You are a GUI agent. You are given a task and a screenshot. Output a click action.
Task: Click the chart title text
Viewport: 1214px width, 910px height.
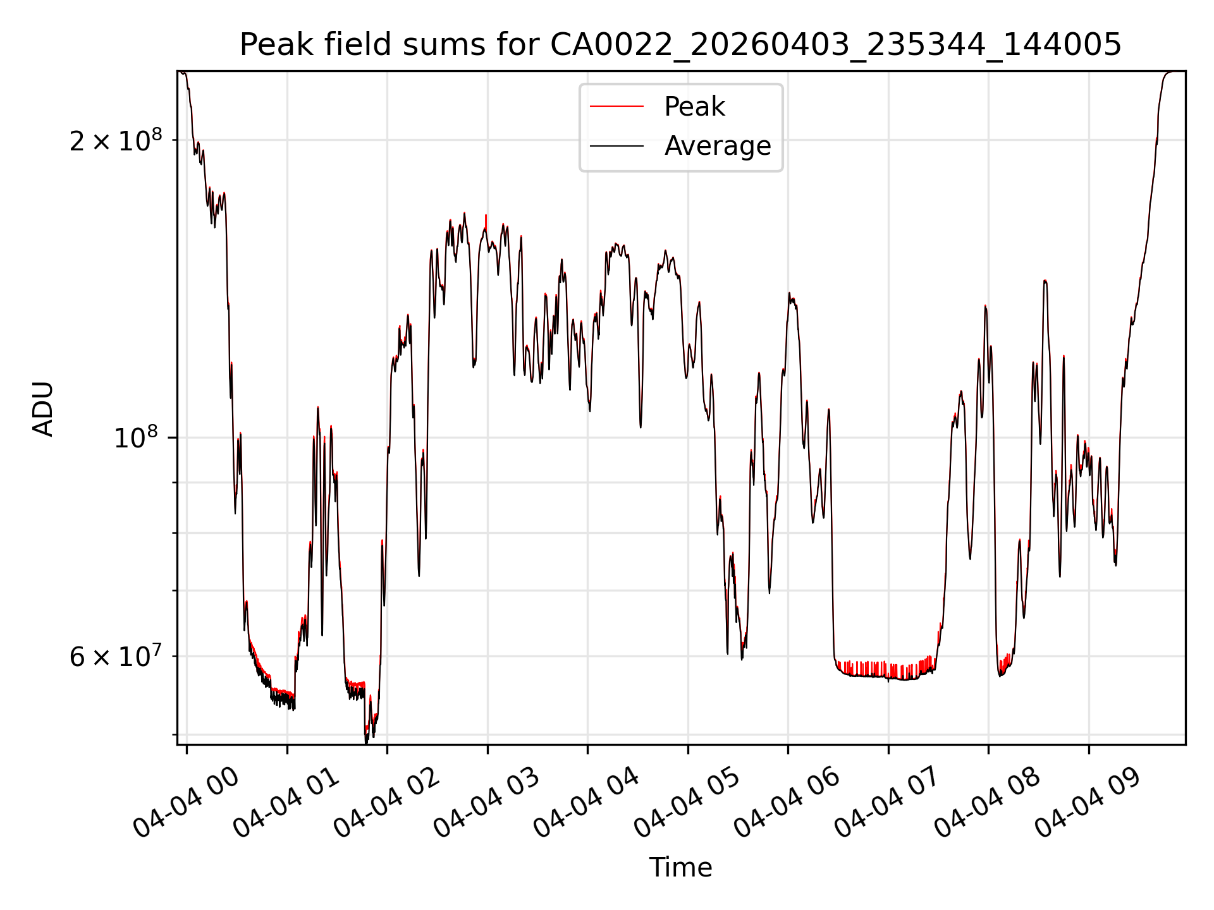pos(680,45)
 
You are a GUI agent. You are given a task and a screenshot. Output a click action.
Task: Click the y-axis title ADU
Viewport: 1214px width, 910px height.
pos(43,408)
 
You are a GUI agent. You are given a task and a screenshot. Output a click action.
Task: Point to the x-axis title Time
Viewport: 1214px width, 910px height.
pos(680,867)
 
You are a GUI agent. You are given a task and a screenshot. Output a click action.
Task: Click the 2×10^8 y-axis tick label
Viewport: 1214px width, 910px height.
pos(116,140)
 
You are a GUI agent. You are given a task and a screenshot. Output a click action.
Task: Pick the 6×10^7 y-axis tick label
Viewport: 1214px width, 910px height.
pos(116,656)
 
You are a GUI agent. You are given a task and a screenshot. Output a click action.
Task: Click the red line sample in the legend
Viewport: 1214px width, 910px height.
pos(617,107)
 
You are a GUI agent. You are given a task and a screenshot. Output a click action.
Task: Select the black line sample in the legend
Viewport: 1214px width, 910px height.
pos(617,146)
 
